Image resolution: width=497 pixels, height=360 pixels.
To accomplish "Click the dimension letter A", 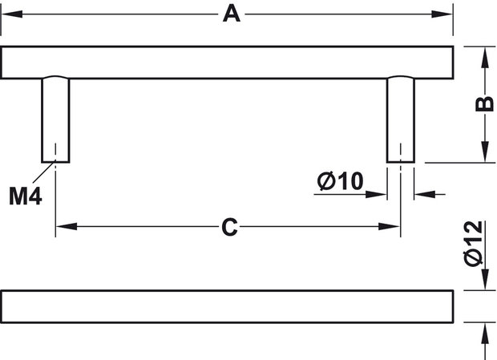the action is pos(232,14).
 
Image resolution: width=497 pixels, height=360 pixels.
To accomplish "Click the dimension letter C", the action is pos(229,227).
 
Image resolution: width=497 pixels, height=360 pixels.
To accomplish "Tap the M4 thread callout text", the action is pos(26,196).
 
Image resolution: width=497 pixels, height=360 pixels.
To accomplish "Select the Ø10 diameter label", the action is pos(340,181).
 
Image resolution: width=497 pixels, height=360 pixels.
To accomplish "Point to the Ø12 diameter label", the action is pos(473,244).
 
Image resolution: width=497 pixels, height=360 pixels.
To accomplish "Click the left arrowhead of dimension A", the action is pos(12,14).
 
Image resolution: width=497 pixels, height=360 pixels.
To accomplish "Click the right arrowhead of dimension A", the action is pos(442,14).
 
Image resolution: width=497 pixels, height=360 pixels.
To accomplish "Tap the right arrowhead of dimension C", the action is pos(390,227).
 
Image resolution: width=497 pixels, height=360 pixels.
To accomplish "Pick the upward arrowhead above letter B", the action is pos(485,58).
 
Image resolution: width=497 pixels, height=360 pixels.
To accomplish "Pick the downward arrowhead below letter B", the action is pos(485,152).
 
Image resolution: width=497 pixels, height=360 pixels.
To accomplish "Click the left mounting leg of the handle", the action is pos(55,119).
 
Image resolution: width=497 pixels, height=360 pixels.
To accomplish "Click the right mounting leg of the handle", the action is pos(401,119).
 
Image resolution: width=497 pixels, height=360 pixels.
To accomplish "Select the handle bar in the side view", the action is pos(227,63).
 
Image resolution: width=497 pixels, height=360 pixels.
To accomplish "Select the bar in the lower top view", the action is pos(227,306).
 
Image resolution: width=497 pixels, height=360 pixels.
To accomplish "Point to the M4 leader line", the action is pos(44,171).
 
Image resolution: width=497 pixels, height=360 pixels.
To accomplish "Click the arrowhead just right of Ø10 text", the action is pos(376,194).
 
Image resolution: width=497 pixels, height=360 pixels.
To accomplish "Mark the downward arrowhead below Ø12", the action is pos(485,279).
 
